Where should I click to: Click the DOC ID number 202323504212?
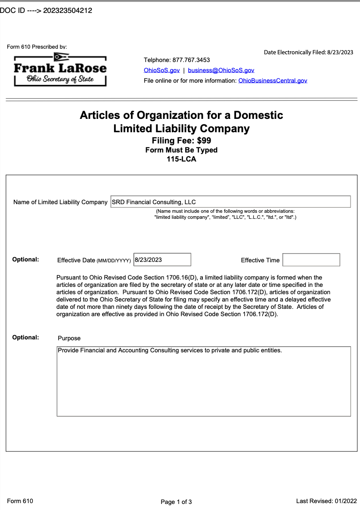68,11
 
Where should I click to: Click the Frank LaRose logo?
60,69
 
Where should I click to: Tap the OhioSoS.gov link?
161,70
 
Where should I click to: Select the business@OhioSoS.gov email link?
221,70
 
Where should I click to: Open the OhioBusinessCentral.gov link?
273,81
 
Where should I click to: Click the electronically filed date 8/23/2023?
340,53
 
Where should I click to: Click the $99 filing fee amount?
204,140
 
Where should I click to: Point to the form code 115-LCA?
181,159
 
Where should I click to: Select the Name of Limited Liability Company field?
230,202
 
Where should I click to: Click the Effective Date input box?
162,260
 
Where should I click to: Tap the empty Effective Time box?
311,260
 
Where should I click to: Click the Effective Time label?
260,260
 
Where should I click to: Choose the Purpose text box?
204,381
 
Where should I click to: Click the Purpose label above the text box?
69,338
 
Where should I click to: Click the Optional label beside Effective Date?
25,259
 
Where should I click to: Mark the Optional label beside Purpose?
25,337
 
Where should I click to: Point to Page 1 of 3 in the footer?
176,502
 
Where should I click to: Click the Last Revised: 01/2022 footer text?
326,501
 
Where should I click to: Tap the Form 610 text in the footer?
20,501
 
